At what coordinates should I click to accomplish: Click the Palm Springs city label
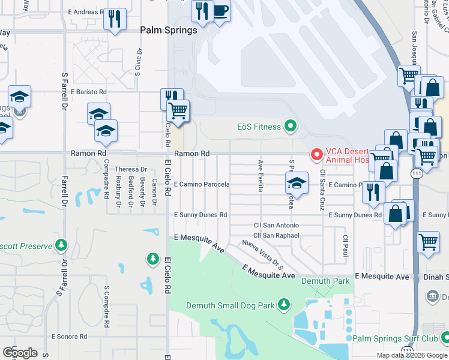(169, 30)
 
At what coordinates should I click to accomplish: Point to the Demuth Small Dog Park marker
(284, 305)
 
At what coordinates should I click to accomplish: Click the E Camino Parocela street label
(202, 185)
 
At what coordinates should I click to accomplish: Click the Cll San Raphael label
(276, 236)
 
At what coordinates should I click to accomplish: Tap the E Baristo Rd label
(88, 92)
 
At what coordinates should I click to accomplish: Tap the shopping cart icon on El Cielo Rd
(178, 111)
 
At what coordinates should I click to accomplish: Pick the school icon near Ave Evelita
(296, 182)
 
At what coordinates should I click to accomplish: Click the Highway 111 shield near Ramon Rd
(417, 172)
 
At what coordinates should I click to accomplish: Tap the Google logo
(20, 352)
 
